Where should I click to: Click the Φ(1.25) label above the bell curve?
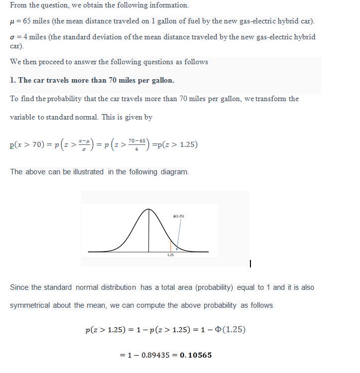click(178, 216)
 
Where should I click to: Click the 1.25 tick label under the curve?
click(170, 254)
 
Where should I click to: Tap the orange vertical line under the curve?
click(171, 246)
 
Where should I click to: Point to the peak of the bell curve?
click(148, 209)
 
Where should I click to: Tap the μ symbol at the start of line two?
click(12, 23)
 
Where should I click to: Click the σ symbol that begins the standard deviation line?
click(12, 37)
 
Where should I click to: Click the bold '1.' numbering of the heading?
click(13, 80)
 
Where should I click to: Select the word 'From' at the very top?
click(18, 5)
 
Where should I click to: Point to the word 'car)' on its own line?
click(17, 46)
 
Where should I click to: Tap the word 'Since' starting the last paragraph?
click(19, 287)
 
